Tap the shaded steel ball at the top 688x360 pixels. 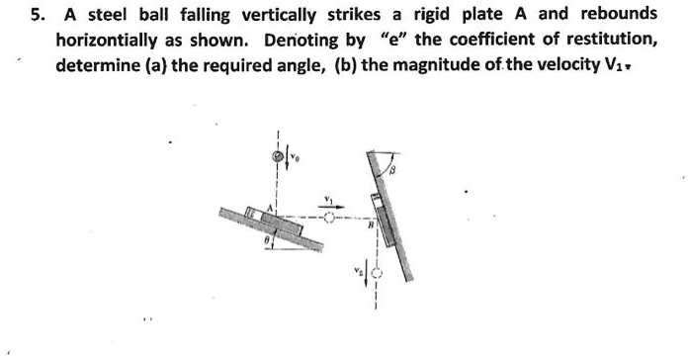point(279,156)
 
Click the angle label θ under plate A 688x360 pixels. point(267,239)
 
